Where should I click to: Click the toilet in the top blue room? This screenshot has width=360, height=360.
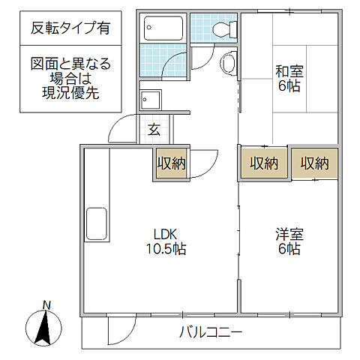pyautogui.click(x=222, y=29)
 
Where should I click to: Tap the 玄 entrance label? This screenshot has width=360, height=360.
pyautogui.click(x=154, y=129)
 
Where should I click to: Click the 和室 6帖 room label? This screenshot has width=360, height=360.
pyautogui.click(x=289, y=79)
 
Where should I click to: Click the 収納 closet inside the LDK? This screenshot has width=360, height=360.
pyautogui.click(x=172, y=163)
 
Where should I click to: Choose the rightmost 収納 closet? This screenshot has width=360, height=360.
pyautogui.click(x=315, y=163)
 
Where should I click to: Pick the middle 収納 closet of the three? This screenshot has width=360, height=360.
pyautogui.click(x=264, y=163)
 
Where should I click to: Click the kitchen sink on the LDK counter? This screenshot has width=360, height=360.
pyautogui.click(x=97, y=223)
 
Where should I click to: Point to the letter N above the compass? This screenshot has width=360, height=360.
pyautogui.click(x=46, y=305)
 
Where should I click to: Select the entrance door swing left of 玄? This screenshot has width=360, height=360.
pyautogui.click(x=124, y=131)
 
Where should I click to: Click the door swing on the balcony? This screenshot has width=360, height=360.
pyautogui.click(x=120, y=331)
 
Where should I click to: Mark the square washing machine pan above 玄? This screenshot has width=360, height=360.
pyautogui.click(x=150, y=100)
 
